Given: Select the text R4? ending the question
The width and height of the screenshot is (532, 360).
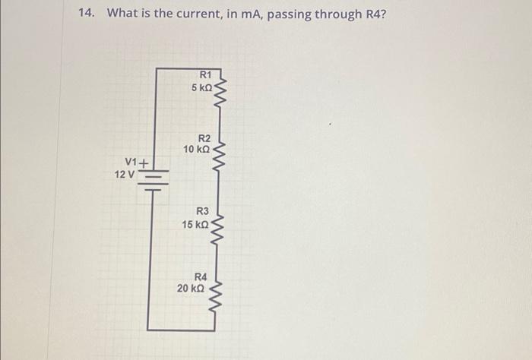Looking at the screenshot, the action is point(372,14).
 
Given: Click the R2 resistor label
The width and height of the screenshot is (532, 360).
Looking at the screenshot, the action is point(204,137).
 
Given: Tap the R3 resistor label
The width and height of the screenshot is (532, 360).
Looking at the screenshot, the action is point(202,211).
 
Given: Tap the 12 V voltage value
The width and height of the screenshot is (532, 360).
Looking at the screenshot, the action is point(124,175).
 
